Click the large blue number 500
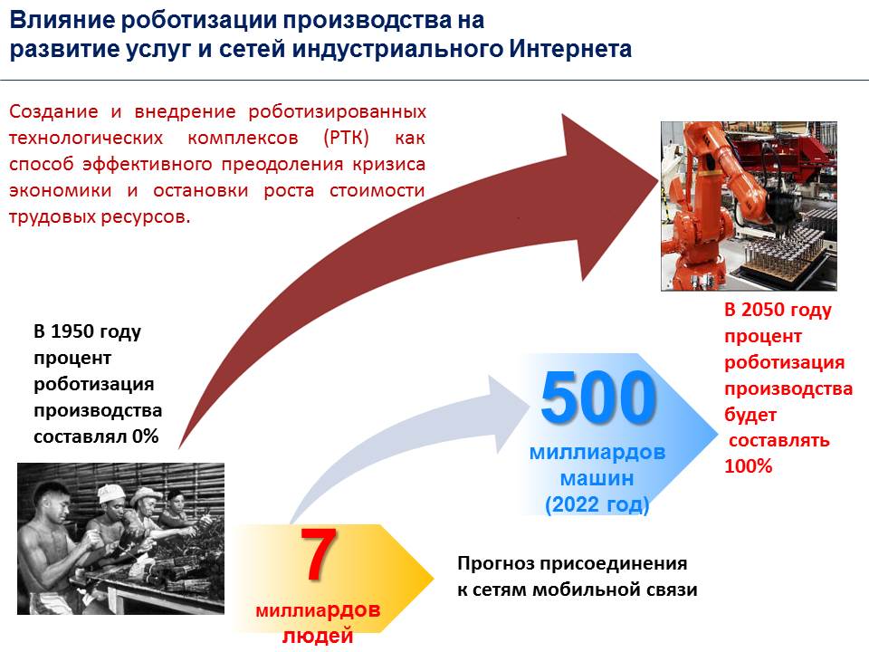pyautogui.click(x=598, y=397)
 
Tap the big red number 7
pyautogui.click(x=318, y=554)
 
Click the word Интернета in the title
pyautogui.click(x=570, y=49)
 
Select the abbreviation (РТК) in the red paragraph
pyautogui.click(x=346, y=137)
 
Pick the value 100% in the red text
pyautogui.click(x=749, y=465)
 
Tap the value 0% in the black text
pyautogui.click(x=145, y=436)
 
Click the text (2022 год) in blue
pyautogui.click(x=597, y=504)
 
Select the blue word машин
pyautogui.click(x=597, y=478)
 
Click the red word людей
pyautogui.click(x=318, y=636)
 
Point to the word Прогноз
pyautogui.click(x=496, y=564)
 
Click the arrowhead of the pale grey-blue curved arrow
pyautogui.click(x=510, y=410)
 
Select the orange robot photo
pyautogui.click(x=749, y=206)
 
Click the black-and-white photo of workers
pyautogui.click(x=120, y=538)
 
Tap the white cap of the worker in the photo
pyautogui.click(x=110, y=492)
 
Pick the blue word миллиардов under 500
pyautogui.click(x=597, y=452)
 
